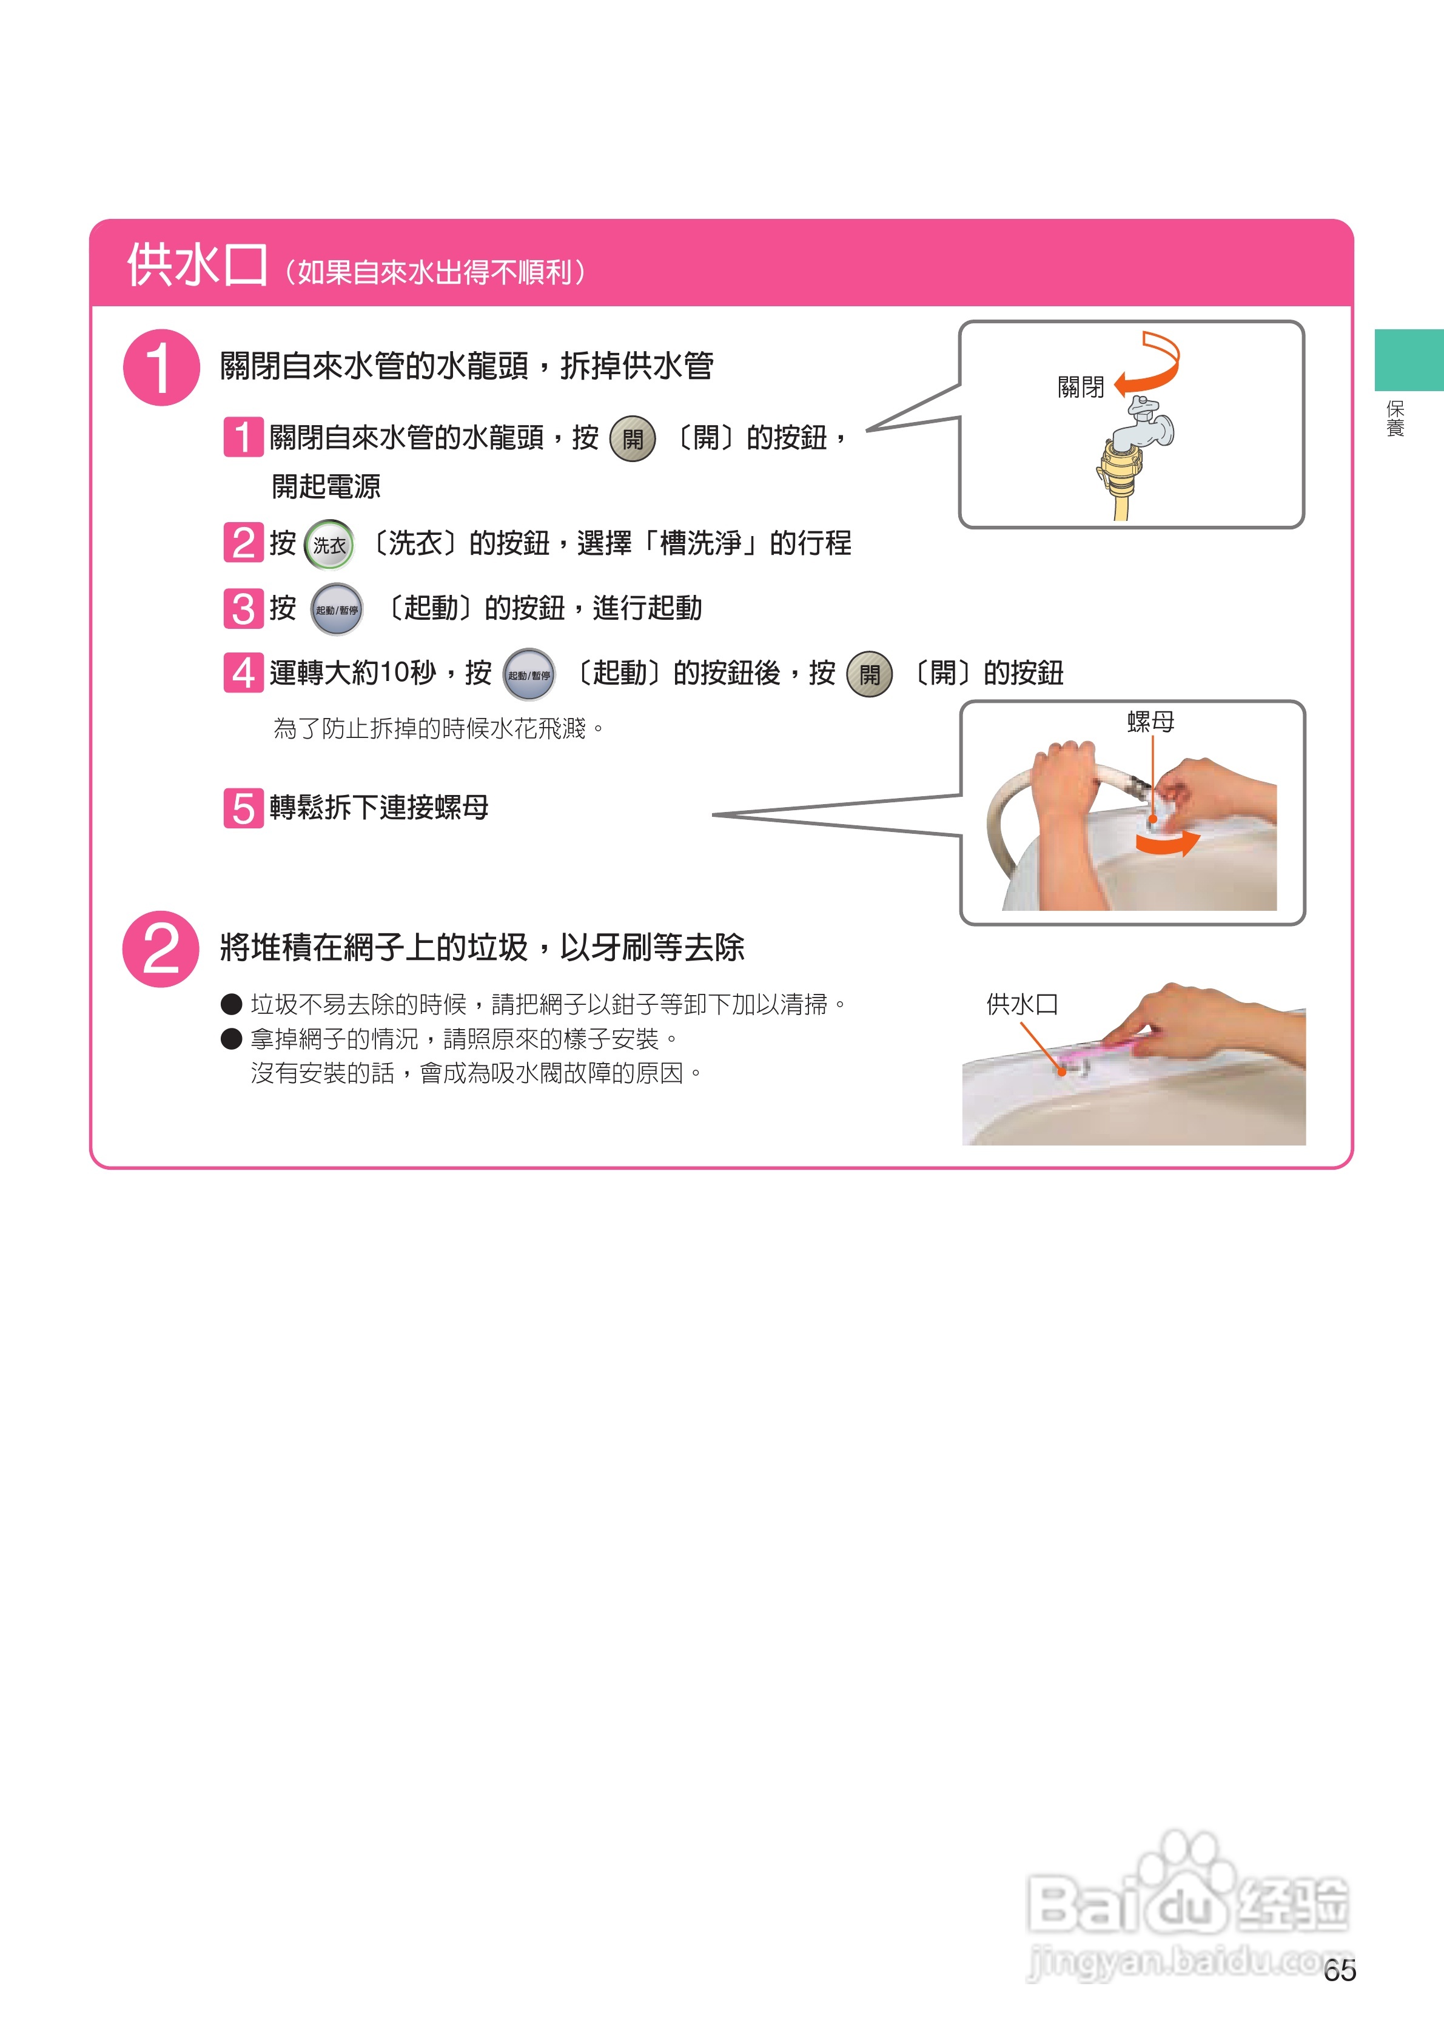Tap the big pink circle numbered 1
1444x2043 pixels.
pos(161,367)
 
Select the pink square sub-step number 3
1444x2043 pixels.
pos(243,609)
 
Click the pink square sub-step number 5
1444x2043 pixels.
pos(243,808)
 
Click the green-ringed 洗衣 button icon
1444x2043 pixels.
pos(329,545)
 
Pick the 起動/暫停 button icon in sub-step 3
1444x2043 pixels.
pos(337,609)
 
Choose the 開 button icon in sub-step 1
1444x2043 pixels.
pos(633,438)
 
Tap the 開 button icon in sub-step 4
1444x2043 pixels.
pos(869,674)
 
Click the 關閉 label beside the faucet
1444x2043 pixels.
pos(1080,387)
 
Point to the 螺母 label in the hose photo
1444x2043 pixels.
pos(1150,722)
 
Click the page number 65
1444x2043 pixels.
pos(1339,1971)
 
